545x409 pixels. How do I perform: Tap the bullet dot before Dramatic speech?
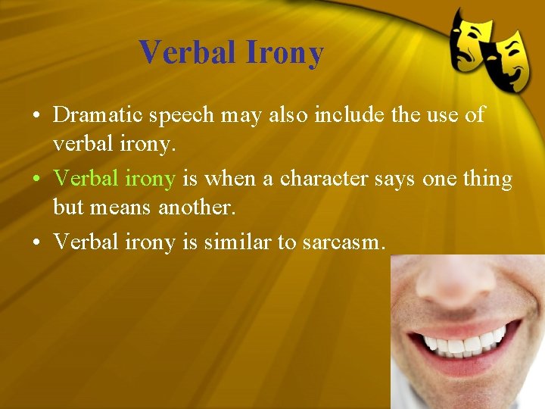point(36,116)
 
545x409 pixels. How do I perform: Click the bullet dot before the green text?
point(36,180)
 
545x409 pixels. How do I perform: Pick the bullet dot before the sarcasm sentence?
point(36,242)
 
